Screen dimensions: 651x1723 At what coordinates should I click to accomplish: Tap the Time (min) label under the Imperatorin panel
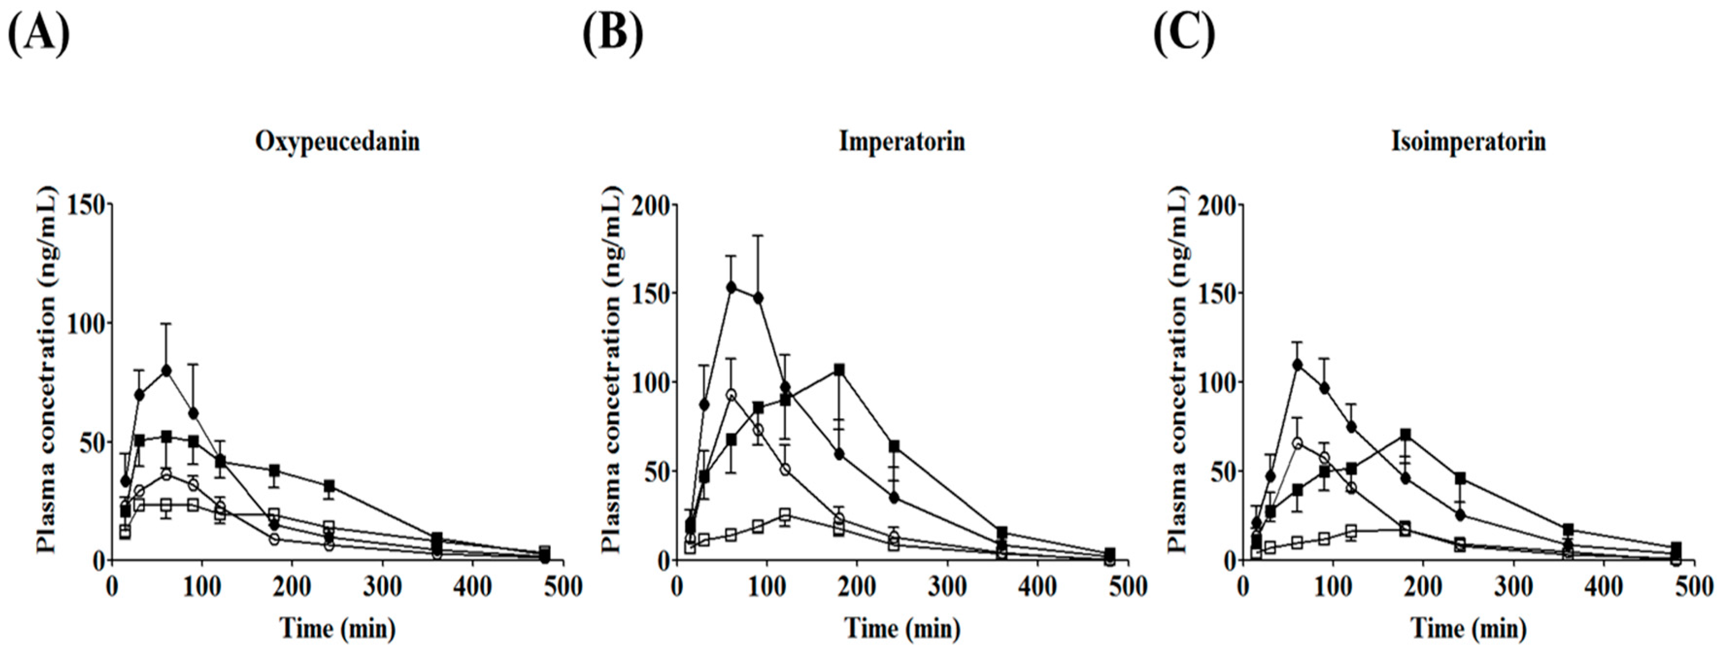pos(902,628)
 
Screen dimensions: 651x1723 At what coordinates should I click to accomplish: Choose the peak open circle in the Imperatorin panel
pos(731,394)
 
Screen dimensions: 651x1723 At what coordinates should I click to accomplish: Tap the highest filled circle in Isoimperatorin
pos(1298,364)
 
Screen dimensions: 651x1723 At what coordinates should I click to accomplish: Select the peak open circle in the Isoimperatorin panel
pos(1298,443)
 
